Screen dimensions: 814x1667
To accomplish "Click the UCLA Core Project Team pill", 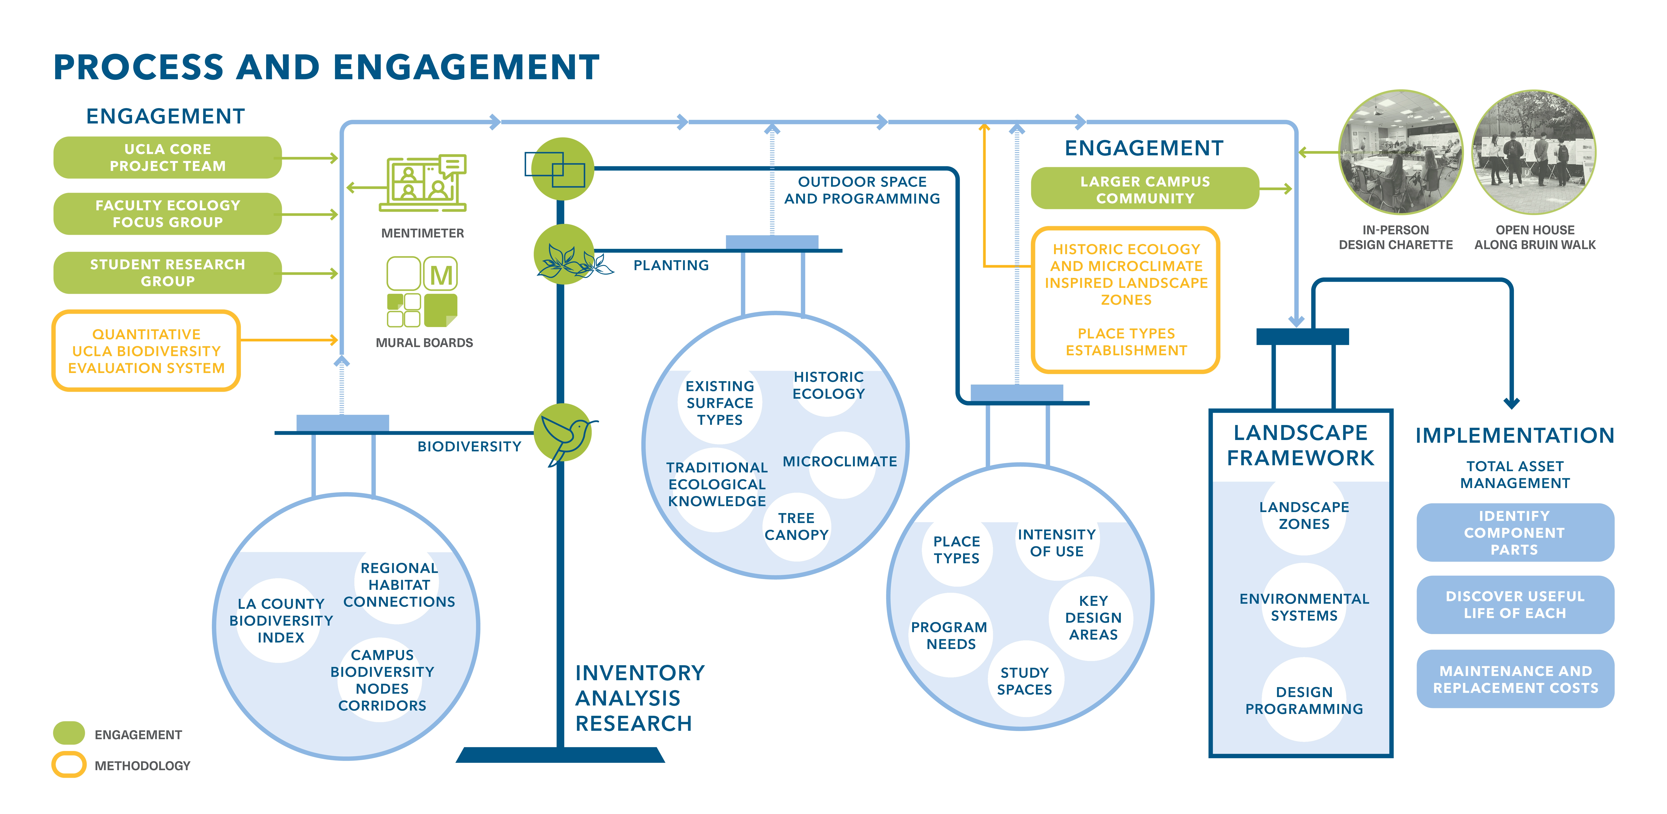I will [168, 157].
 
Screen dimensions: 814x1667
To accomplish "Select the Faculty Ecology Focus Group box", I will [168, 214].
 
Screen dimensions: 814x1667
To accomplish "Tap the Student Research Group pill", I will [168, 273].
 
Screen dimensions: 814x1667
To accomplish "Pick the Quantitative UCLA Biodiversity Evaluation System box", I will [146, 351].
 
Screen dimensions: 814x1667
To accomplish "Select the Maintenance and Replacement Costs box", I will [1515, 679].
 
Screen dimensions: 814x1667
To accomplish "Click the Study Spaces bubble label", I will [1024, 681].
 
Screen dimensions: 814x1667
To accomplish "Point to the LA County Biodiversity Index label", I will [281, 620].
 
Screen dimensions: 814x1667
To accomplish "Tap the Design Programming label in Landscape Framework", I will [1304, 701].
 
